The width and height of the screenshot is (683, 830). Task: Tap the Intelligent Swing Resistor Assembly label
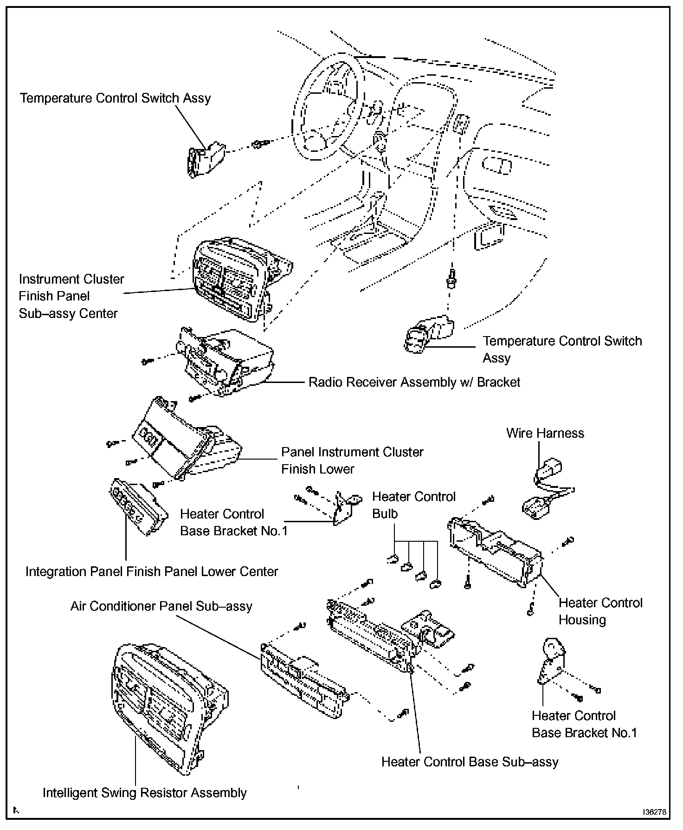pyautogui.click(x=144, y=792)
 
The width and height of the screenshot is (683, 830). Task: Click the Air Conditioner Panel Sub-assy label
pyautogui.click(x=161, y=606)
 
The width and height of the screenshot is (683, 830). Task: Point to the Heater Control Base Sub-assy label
pyautogui.click(x=470, y=762)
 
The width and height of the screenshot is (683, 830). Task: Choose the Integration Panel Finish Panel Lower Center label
pyautogui.click(x=152, y=571)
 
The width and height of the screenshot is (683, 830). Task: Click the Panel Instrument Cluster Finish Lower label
pyautogui.click(x=352, y=460)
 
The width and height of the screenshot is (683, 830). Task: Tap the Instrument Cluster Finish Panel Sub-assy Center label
pyautogui.click(x=71, y=296)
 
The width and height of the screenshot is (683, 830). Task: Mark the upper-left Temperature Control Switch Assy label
pyautogui.click(x=115, y=98)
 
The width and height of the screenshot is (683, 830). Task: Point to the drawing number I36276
pyautogui.click(x=654, y=812)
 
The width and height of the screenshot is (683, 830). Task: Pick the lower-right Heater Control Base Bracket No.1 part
pyautogui.click(x=552, y=661)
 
